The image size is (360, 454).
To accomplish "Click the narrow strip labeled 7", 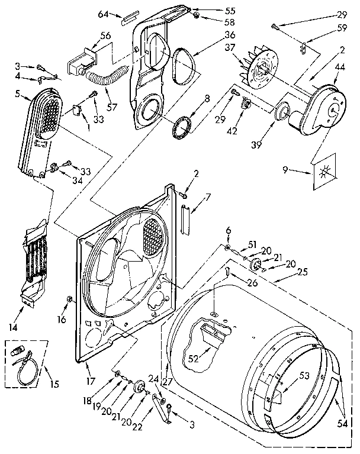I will (184, 220).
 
